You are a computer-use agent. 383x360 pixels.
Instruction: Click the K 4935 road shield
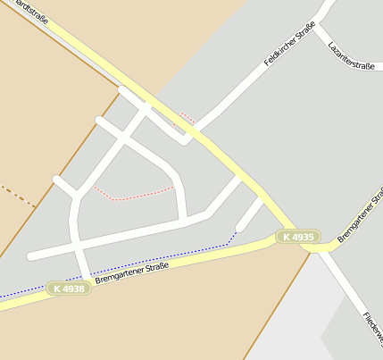pos(297,237)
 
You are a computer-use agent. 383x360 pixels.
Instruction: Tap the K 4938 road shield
pos(69,289)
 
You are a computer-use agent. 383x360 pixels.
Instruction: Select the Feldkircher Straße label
pos(290,46)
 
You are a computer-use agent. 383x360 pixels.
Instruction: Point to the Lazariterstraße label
pos(350,54)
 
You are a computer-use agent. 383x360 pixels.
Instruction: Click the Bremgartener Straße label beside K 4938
pos(132,272)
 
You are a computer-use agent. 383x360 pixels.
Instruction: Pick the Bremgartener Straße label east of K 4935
pos(360,214)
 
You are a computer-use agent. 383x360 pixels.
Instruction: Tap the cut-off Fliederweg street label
pos(372,331)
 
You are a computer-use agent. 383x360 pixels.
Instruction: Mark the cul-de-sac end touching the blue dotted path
pos(239,229)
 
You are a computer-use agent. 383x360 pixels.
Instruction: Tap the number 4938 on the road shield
pos(74,289)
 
